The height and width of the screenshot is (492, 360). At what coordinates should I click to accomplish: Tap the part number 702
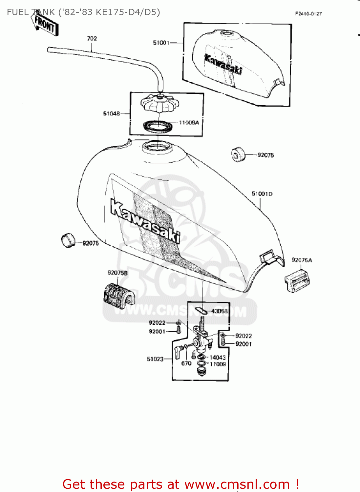[92, 39]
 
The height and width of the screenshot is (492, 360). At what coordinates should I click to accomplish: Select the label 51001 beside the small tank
[161, 43]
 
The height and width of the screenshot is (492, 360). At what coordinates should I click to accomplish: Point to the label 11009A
[189, 123]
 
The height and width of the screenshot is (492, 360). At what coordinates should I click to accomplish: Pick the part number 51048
[112, 113]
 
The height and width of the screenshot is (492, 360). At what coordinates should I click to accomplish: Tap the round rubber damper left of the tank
[68, 240]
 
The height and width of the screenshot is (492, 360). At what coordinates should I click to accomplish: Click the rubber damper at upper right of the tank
[238, 154]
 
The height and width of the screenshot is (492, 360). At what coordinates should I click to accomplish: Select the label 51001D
[262, 194]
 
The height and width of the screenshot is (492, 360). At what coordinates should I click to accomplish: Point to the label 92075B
[117, 273]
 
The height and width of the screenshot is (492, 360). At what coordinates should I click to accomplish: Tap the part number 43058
[219, 311]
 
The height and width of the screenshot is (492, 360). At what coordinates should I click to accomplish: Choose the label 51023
[155, 359]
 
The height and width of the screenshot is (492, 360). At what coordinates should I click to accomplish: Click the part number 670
[186, 363]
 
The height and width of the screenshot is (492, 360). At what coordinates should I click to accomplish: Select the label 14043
[218, 358]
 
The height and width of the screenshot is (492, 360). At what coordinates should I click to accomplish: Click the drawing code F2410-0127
[308, 14]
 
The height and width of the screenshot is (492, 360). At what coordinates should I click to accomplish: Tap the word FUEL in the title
[17, 12]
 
